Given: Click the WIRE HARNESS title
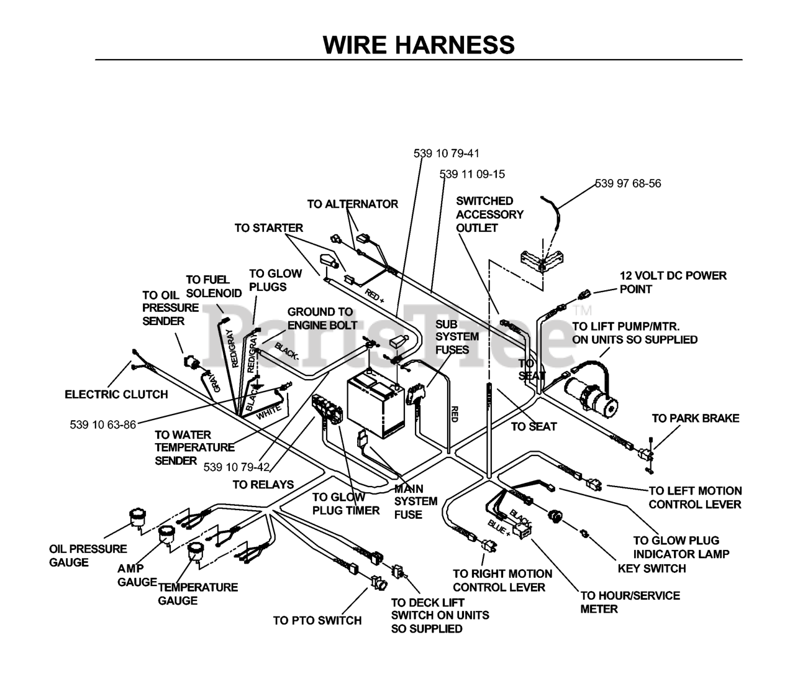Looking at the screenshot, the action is click(x=419, y=45).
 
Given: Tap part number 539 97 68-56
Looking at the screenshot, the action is click(x=628, y=183).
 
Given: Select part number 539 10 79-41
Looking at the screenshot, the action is click(x=447, y=153).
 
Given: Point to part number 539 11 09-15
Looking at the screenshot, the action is click(x=472, y=174).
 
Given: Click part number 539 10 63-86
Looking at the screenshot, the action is click(x=103, y=424).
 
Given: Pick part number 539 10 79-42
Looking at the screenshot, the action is click(x=237, y=467).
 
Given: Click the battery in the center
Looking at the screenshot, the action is click(x=376, y=403).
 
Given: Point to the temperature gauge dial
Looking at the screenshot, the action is click(x=196, y=552).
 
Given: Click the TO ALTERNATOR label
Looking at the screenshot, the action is click(x=352, y=204).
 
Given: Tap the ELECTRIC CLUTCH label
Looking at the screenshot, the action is click(x=116, y=395).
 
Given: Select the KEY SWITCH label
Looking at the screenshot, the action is click(x=652, y=569).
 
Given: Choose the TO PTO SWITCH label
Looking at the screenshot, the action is click(x=317, y=620).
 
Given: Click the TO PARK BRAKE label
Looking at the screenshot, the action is click(x=696, y=418).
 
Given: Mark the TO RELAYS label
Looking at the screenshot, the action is click(x=263, y=485).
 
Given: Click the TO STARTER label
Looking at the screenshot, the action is click(x=269, y=228).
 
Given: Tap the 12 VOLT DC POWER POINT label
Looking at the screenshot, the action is click(x=673, y=282).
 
